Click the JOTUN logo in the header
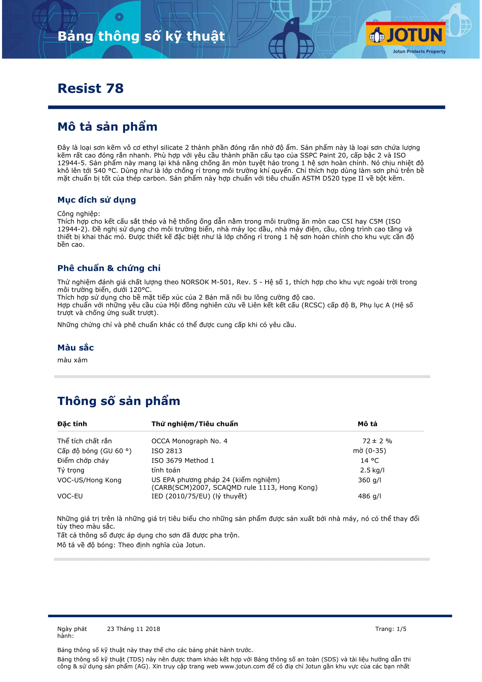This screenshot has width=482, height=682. click(x=405, y=35)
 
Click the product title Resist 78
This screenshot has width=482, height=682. click(x=90, y=89)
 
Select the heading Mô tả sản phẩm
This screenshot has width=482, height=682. click(x=107, y=127)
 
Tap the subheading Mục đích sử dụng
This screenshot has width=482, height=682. click(x=97, y=200)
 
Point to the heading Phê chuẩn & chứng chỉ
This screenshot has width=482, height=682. click(x=109, y=268)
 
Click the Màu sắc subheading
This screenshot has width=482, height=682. click(x=76, y=348)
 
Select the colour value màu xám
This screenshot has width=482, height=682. click(x=73, y=360)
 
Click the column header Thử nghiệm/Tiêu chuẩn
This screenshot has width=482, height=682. click(x=194, y=424)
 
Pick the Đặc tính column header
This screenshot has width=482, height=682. click(x=72, y=424)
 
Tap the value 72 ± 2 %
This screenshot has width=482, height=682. click(x=377, y=441)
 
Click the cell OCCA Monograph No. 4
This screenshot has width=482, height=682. click(x=189, y=441)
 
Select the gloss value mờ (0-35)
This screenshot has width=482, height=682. click(x=369, y=451)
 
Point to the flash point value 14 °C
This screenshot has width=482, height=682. click(x=369, y=461)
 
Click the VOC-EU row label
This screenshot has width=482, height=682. click(x=70, y=496)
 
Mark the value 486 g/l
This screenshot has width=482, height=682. click(x=369, y=496)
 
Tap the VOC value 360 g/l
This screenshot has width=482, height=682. click(x=369, y=480)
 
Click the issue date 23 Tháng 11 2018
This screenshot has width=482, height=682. click(x=133, y=629)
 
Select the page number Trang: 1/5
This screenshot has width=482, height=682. click(x=390, y=629)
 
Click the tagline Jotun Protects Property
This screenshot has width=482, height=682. click(x=419, y=51)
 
